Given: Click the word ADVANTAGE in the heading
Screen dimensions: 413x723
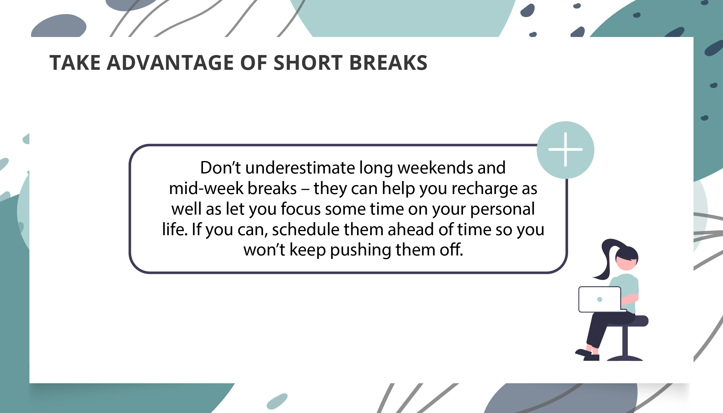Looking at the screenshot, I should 170,63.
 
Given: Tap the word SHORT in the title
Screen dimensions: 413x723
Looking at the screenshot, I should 308,63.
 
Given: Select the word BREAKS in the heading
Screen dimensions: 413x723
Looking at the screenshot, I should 388,63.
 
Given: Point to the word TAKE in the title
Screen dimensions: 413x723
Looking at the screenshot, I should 75,63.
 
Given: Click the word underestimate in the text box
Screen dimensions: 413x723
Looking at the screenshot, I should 300,168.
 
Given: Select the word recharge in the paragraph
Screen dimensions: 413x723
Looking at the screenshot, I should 484,189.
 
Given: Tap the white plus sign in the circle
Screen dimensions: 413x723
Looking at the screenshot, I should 565,150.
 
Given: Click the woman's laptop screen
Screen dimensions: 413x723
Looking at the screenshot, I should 599,299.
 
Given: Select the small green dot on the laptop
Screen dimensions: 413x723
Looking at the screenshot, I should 600,299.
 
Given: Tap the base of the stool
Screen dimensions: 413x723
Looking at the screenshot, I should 625,359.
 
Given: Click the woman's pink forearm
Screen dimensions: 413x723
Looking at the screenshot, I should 630,299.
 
